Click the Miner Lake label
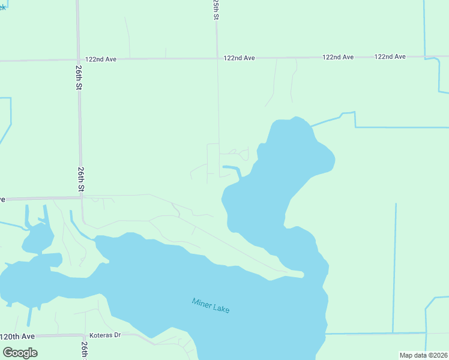pos(211,305)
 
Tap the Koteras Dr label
pos(105,335)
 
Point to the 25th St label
pos(215,10)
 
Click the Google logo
pos(20,352)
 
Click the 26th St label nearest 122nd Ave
pos(79,77)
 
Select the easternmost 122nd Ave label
pos(390,56)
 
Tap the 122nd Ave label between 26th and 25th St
pos(101,59)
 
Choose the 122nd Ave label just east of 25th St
pos(239,58)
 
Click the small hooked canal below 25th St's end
pos(234,169)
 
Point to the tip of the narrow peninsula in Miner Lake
pos(302,275)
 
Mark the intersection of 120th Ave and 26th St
pos(83,335)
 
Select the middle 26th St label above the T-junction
pos(80,179)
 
